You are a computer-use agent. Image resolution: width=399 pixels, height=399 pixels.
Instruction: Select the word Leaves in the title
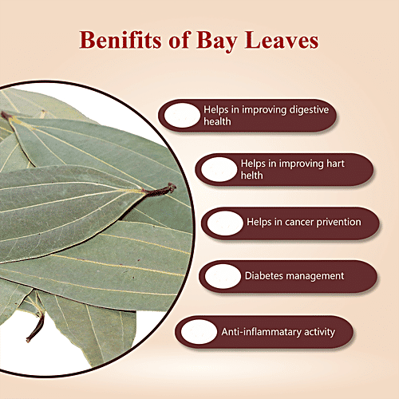point(284,40)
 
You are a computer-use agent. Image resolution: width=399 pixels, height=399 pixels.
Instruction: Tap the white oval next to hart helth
point(219,168)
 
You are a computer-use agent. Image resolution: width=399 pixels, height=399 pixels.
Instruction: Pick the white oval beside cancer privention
point(223,223)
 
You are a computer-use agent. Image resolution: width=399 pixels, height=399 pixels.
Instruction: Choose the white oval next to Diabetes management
point(223,276)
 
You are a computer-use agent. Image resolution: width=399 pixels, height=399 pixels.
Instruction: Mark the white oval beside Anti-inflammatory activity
point(196,330)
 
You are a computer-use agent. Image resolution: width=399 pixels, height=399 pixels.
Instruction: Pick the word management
point(317,276)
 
